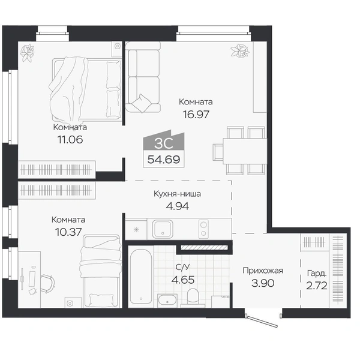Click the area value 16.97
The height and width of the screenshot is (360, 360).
(x=196, y=114)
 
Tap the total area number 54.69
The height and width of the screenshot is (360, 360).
(x=164, y=159)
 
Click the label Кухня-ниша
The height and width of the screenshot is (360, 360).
(x=177, y=194)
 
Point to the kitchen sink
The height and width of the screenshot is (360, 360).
(x=163, y=229)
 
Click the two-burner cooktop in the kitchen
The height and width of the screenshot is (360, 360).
(x=203, y=229)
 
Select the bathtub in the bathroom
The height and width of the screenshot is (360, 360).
(x=141, y=277)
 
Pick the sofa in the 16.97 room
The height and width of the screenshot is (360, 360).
(x=143, y=77)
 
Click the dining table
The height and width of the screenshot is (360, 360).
(x=245, y=151)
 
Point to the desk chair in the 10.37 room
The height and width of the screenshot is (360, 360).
(x=48, y=284)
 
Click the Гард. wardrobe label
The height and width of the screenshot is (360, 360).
(x=317, y=274)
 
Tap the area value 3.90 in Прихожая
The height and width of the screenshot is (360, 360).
(x=263, y=283)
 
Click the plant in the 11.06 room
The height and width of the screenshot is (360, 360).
(x=27, y=53)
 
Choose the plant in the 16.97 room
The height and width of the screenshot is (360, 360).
(x=240, y=50)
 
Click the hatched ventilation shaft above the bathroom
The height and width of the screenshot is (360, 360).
(x=204, y=247)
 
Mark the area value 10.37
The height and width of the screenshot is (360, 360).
(x=68, y=232)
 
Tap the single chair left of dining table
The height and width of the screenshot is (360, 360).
(x=218, y=152)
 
